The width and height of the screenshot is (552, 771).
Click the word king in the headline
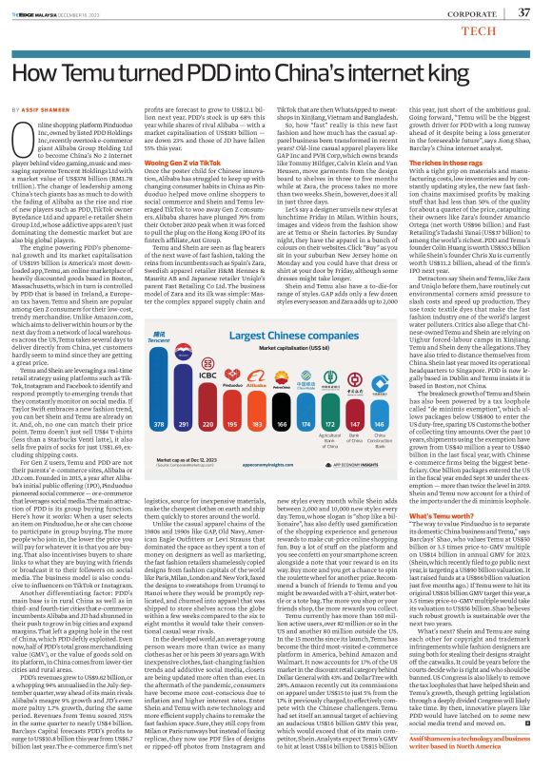(x=504, y=72)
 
